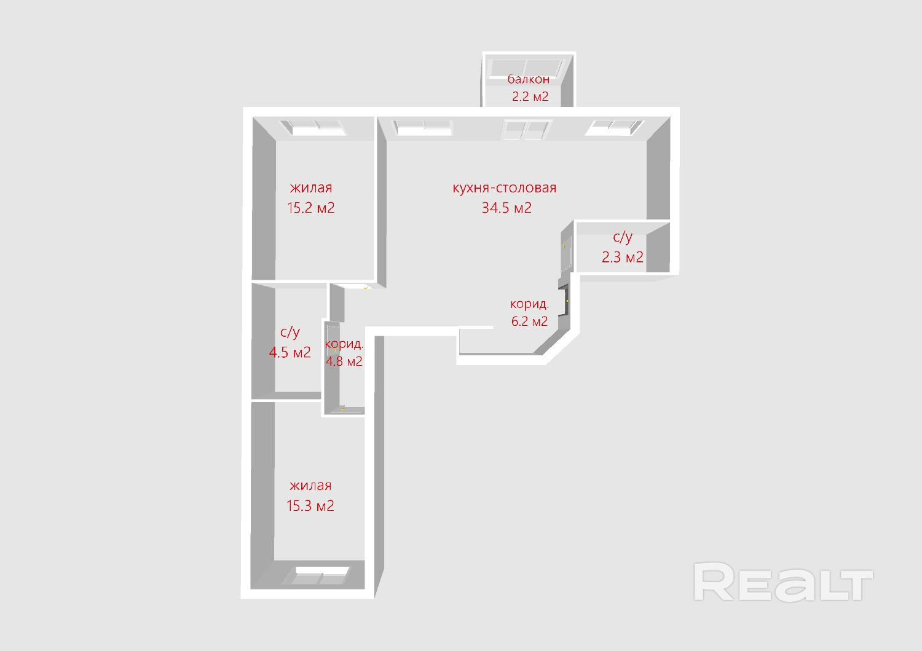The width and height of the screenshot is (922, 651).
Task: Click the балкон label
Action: point(528,79)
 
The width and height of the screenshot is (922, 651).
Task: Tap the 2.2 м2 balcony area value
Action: point(530,97)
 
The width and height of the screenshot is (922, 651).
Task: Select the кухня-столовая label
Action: point(504,188)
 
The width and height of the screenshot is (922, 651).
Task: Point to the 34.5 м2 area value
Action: point(506,208)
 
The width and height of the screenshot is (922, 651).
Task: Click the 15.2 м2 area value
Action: point(311,208)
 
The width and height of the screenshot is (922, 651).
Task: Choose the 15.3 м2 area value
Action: point(310,506)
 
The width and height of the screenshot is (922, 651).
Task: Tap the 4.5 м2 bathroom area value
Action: point(290,353)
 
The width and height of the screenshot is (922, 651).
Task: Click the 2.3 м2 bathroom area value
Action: point(622,257)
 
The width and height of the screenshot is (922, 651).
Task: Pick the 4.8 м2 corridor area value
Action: point(344,361)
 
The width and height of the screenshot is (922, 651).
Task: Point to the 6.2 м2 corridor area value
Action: point(529,321)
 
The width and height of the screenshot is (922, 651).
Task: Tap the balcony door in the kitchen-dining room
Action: point(526,130)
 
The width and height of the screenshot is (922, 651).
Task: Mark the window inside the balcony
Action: point(528,66)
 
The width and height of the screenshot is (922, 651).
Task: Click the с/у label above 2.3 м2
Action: point(622,237)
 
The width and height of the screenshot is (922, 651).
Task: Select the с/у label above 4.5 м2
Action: point(290,333)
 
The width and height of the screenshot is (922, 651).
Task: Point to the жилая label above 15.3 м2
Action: point(310,486)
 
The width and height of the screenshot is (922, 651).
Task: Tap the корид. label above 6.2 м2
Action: point(529,304)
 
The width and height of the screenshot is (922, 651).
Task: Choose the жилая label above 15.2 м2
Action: point(311,188)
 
